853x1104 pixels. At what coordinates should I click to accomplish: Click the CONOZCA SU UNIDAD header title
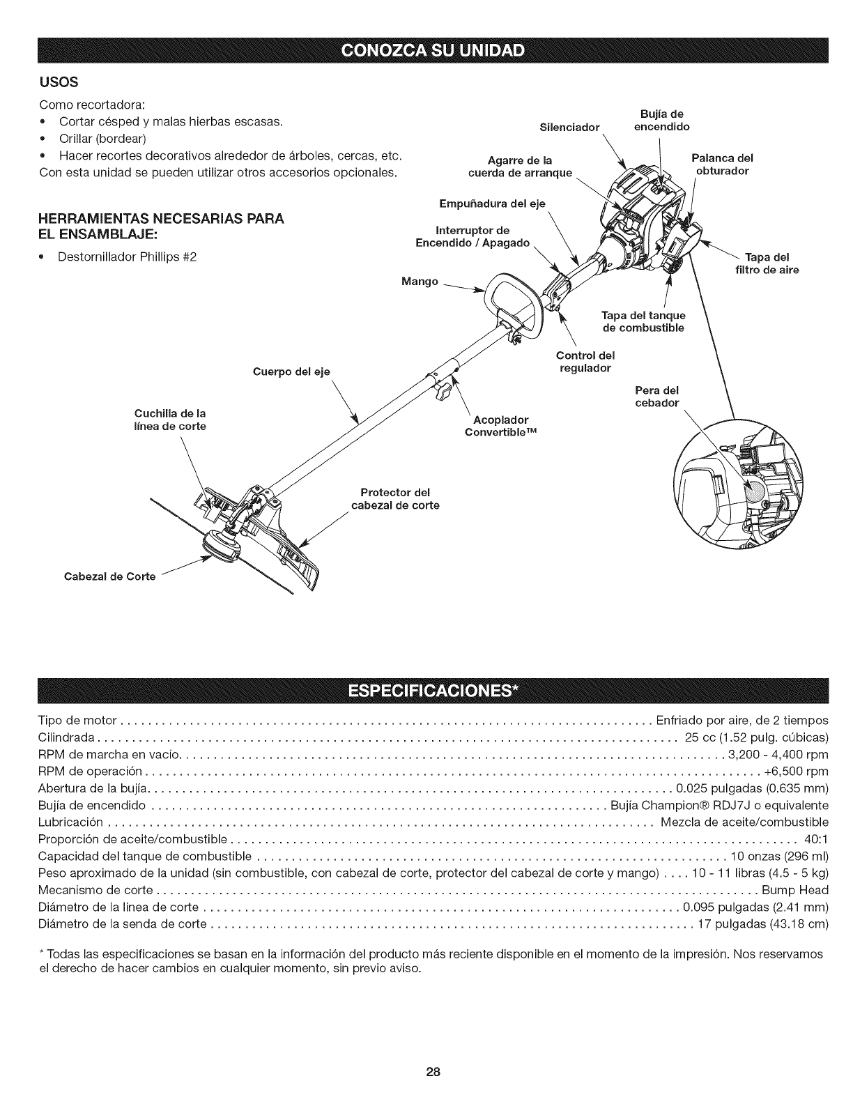pyautogui.click(x=426, y=52)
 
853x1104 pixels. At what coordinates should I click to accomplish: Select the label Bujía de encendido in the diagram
pyautogui.click(x=661, y=120)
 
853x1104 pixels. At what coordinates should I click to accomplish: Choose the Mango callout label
pyautogui.click(x=420, y=282)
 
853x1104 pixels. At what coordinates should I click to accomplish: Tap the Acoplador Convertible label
pyautogui.click(x=501, y=425)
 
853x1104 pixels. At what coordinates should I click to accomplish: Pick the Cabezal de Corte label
pyautogui.click(x=110, y=576)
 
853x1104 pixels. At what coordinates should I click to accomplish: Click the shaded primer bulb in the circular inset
pyautogui.click(x=756, y=496)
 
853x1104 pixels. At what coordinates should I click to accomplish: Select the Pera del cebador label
pyautogui.click(x=656, y=396)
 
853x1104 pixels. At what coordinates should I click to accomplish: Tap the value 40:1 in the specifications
pyautogui.click(x=816, y=838)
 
